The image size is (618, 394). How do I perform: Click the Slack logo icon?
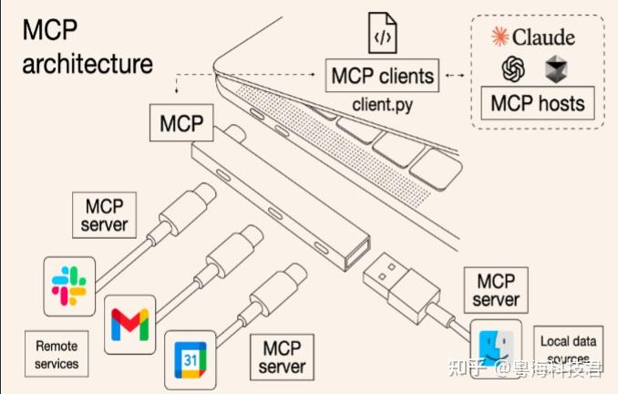[x=69, y=282]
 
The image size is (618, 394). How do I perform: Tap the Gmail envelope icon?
[x=129, y=324]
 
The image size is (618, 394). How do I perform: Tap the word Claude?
[x=544, y=37]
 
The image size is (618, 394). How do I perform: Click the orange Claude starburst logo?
[x=500, y=37]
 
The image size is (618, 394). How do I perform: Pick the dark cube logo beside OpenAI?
[x=555, y=69]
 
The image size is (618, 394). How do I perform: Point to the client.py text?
[x=383, y=104]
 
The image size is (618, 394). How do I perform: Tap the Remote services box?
[x=57, y=355]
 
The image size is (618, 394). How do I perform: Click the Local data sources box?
[x=567, y=349]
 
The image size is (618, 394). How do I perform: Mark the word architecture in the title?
[x=88, y=65]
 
